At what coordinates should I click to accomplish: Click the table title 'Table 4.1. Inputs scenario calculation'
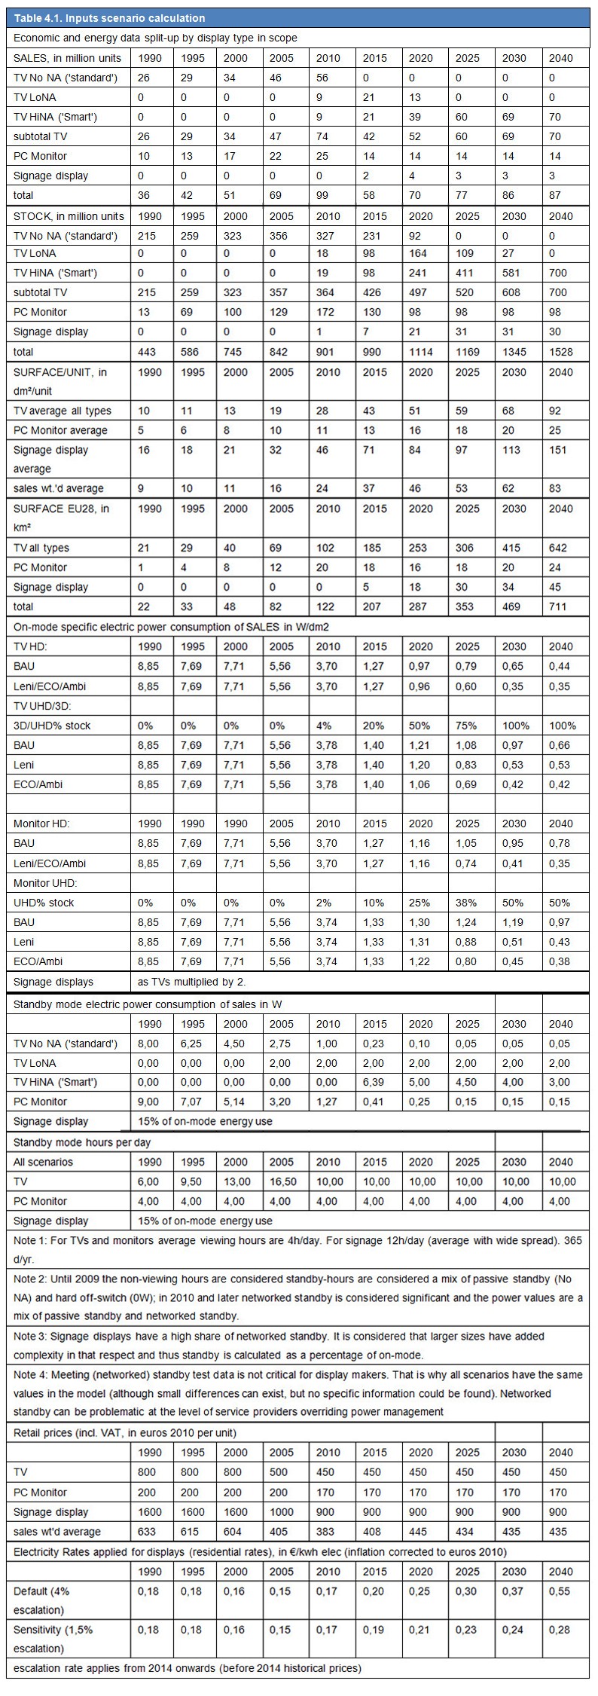click(x=109, y=18)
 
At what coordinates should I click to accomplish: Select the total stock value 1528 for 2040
click(x=561, y=352)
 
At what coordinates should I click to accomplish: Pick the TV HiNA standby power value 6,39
click(x=374, y=1082)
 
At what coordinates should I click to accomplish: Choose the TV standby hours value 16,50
click(x=282, y=1181)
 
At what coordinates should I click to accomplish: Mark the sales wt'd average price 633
click(x=147, y=1531)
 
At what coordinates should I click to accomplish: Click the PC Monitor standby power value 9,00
click(x=149, y=1102)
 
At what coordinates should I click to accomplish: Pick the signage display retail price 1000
click(x=282, y=1511)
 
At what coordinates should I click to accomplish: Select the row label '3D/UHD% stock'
click(x=52, y=726)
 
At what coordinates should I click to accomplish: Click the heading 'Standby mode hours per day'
click(x=82, y=1142)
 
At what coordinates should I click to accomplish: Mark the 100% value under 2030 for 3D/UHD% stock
click(x=516, y=726)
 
